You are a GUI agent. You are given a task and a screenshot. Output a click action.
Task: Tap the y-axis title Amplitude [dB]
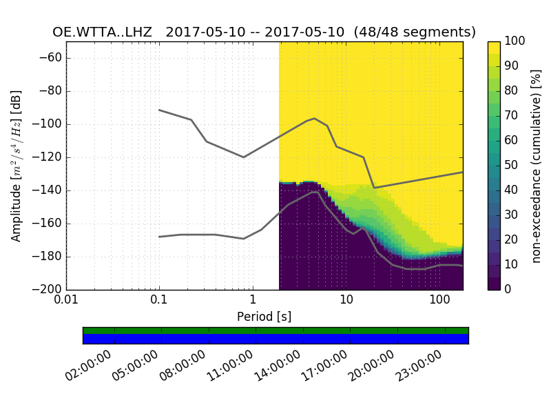(17, 166)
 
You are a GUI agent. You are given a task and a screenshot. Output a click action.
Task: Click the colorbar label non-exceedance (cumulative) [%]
(537, 166)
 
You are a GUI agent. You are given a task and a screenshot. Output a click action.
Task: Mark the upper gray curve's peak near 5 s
(314, 118)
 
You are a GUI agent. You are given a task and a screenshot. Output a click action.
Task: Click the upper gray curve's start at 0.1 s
(159, 110)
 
